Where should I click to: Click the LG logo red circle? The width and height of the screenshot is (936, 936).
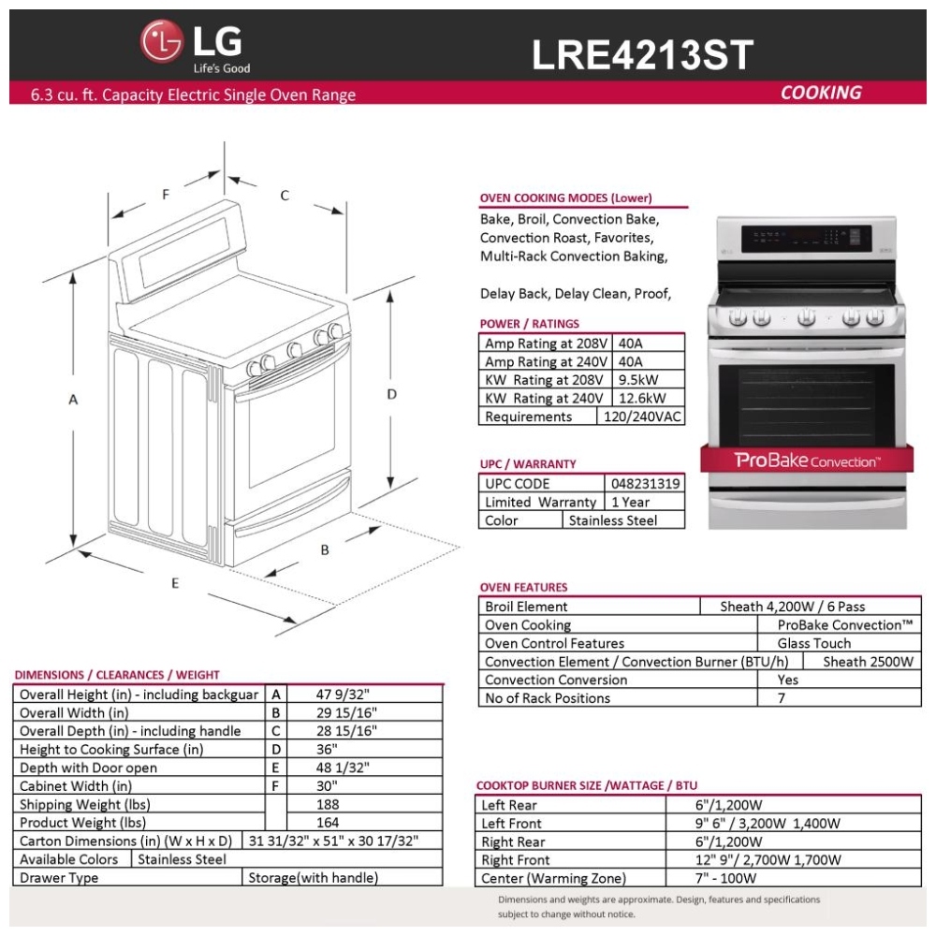[x=162, y=41]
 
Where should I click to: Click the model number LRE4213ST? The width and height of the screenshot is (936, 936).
[x=642, y=55]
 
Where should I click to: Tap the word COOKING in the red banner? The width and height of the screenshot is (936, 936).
[x=821, y=93]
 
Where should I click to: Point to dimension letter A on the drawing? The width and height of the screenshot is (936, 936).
[x=73, y=400]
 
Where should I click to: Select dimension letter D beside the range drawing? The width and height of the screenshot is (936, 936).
[x=391, y=394]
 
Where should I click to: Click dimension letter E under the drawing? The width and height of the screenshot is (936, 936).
[x=175, y=583]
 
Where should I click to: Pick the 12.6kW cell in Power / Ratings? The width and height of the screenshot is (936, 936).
[x=648, y=398]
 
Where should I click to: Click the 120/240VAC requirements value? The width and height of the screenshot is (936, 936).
[x=641, y=417]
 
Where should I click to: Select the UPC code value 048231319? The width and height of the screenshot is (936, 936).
[x=645, y=484]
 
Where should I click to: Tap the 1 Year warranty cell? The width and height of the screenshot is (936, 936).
[x=645, y=502]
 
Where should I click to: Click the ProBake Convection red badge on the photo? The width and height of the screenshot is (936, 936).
[x=807, y=461]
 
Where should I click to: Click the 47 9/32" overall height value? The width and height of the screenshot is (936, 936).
[x=343, y=695]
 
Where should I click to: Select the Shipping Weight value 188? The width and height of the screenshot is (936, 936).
[x=328, y=804]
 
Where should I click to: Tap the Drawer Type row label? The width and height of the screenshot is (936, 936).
[x=58, y=878]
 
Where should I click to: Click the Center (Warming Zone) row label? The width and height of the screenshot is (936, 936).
[x=554, y=878]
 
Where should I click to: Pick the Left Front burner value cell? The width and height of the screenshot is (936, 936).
[x=794, y=823]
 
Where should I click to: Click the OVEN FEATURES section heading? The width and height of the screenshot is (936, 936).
[x=523, y=588]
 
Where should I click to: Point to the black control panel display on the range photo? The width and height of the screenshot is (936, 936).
[x=807, y=239]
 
